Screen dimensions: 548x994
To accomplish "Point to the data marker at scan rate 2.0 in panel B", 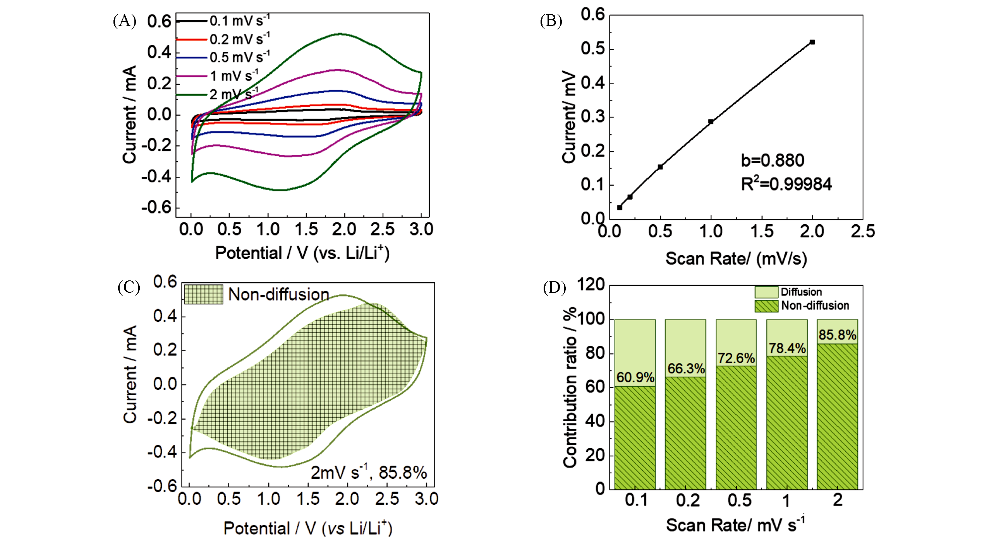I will tap(812, 42).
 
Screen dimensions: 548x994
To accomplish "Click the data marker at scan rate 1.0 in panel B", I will tap(711, 121).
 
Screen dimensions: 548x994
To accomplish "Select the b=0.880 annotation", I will tap(772, 160).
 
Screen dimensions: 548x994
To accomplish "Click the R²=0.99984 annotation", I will tap(786, 184).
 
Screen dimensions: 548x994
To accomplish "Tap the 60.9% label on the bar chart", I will tap(635, 377).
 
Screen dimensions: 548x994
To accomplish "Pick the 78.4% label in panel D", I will tap(787, 348).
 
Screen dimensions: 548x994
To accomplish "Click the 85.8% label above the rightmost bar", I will tap(837, 335).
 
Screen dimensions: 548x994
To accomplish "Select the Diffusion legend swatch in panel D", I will tap(766, 292).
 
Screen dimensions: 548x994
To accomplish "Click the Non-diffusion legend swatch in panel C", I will tap(203, 294).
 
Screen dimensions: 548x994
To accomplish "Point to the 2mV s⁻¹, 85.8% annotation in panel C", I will tap(369, 472).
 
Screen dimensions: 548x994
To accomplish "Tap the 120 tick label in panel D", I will tap(591, 285).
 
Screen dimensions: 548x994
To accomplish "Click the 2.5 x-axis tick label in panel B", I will tap(863, 231).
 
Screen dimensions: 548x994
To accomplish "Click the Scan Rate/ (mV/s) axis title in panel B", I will tap(736, 258).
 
